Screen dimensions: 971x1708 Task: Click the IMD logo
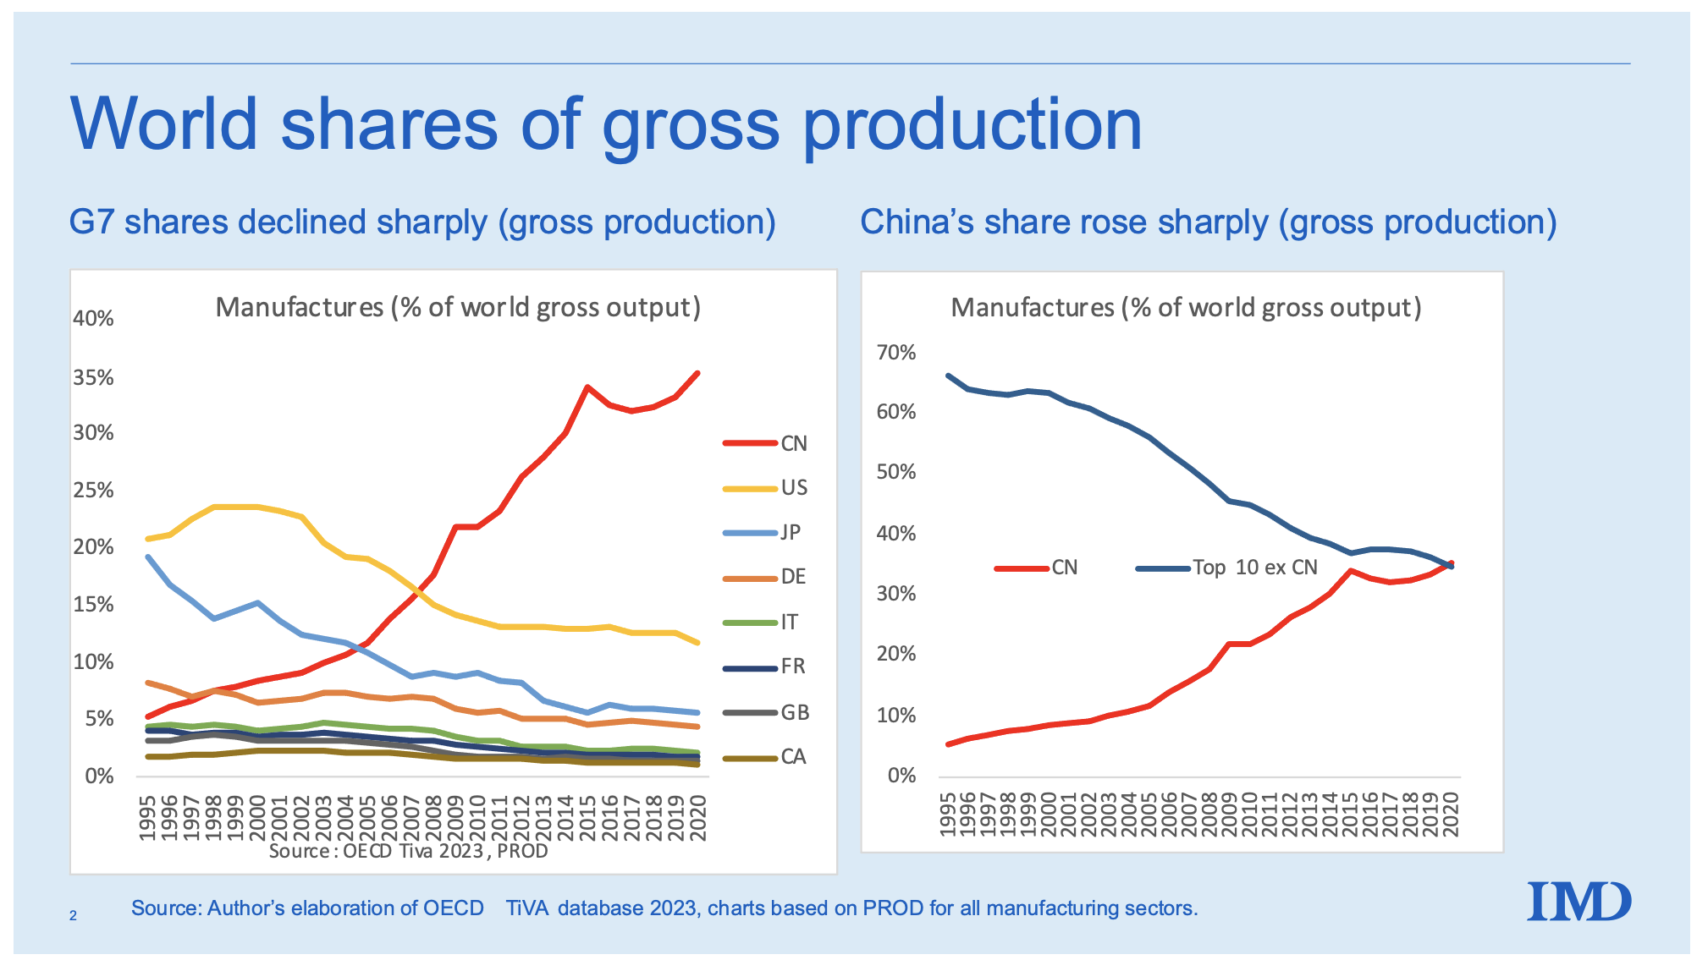tap(1579, 902)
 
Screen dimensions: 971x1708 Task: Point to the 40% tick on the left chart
tap(93, 319)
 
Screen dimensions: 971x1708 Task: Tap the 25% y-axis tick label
tap(93, 491)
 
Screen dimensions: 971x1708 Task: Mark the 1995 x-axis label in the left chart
tap(147, 817)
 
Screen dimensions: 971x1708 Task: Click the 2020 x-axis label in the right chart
tap(1451, 814)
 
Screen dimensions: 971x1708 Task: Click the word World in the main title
tap(164, 124)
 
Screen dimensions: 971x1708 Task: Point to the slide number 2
tap(74, 915)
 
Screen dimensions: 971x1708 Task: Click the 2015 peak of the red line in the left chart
tap(587, 387)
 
